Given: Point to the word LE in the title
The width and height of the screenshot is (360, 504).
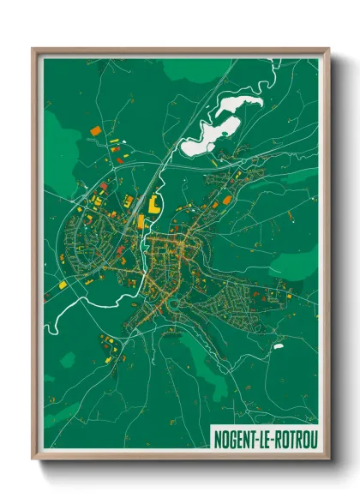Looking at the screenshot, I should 264,437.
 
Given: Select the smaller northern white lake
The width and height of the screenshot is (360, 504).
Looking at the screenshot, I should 240,107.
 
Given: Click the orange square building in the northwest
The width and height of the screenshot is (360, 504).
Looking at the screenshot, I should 94,130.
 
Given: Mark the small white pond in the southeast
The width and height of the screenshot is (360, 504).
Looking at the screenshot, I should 278,346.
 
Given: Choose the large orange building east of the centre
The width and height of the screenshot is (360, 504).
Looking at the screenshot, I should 227,200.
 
